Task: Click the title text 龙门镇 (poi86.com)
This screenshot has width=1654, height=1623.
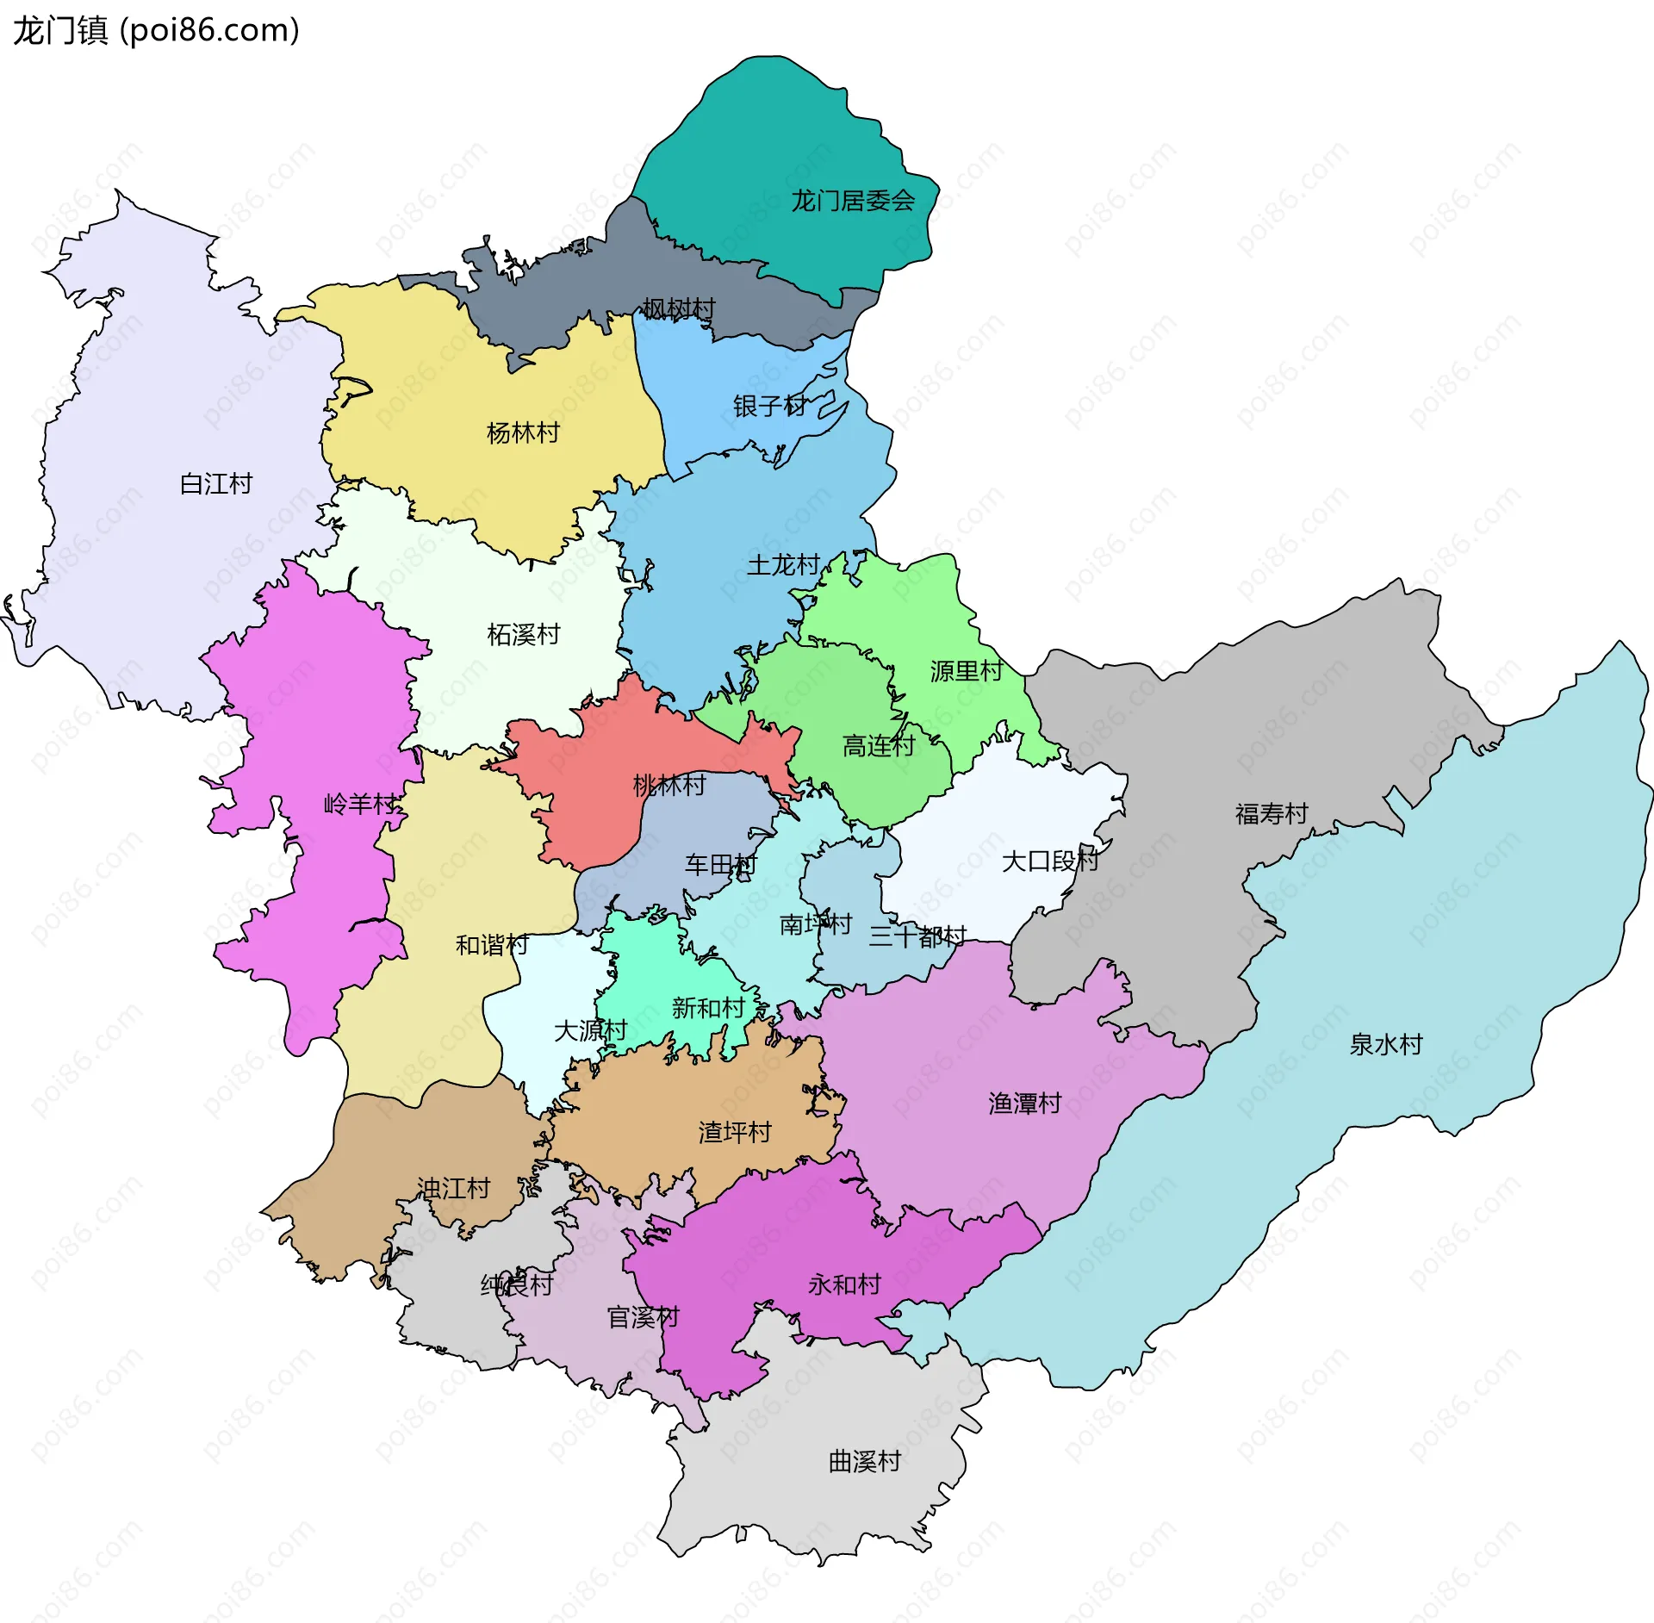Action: click(156, 31)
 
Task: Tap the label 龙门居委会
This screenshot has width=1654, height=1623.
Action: click(852, 201)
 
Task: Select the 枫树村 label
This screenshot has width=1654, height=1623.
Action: click(678, 308)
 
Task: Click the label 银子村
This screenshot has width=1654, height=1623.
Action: click(769, 406)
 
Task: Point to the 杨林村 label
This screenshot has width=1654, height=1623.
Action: click(523, 432)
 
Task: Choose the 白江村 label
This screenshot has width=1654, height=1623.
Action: click(215, 484)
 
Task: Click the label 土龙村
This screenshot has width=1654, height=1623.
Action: click(783, 565)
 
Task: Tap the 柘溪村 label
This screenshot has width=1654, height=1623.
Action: click(523, 635)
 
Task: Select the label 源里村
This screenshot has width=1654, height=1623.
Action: click(966, 671)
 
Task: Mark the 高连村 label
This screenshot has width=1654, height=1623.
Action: click(878, 745)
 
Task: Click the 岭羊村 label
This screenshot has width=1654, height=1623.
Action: click(360, 805)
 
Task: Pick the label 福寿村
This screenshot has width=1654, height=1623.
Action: click(1271, 813)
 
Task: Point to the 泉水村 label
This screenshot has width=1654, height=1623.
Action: click(1385, 1044)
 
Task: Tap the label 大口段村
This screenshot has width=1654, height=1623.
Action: click(1049, 861)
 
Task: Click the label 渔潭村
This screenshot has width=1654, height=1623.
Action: click(1024, 1104)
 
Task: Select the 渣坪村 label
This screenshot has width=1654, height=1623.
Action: click(734, 1132)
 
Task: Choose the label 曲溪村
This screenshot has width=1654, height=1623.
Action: click(864, 1462)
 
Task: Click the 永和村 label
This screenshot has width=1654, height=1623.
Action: click(844, 1284)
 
